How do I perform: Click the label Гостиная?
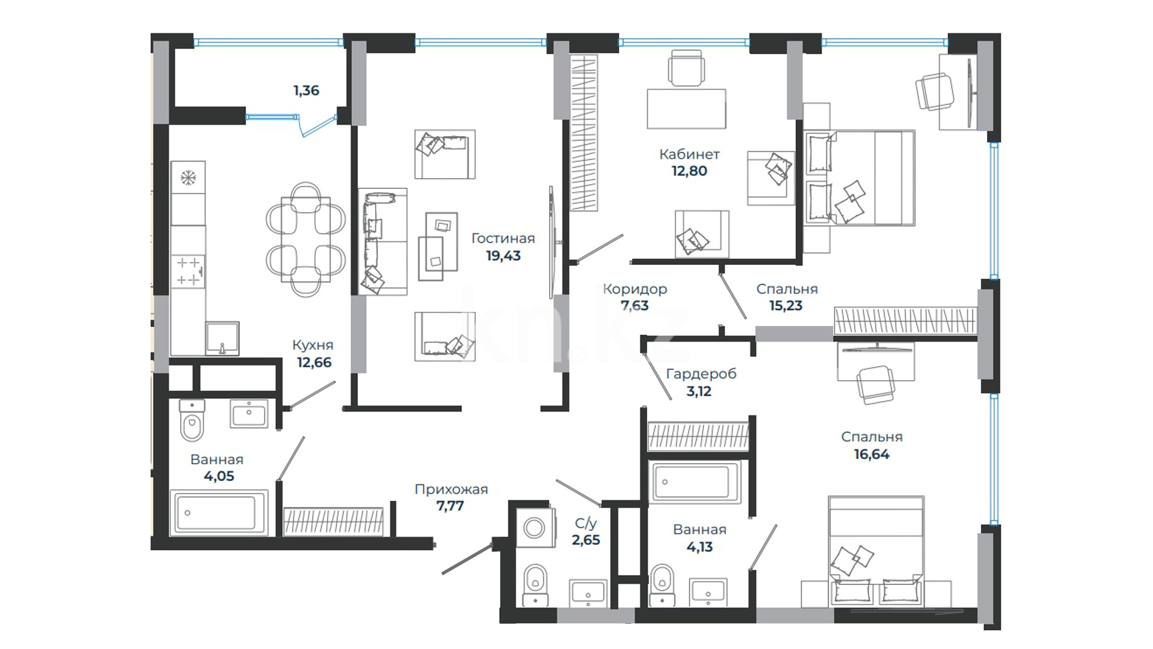[x=503, y=238]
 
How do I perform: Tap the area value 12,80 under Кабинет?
[x=689, y=171]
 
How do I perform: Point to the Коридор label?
[x=634, y=289]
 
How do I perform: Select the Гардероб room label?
[x=701, y=374]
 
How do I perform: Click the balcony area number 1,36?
[x=307, y=90]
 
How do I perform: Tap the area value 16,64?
[x=872, y=454]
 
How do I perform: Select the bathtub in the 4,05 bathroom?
[x=219, y=513]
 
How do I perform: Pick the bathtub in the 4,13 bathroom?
[x=694, y=482]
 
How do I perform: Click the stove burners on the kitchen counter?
[x=188, y=271]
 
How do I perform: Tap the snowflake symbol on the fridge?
[x=189, y=178]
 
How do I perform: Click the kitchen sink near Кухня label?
[x=222, y=339]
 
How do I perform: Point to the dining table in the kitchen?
[x=306, y=239]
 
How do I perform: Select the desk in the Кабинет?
[x=686, y=109]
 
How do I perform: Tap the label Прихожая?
[x=451, y=489]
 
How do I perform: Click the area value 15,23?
[x=786, y=305]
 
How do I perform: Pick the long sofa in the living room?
[x=383, y=241]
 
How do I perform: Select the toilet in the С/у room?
[x=535, y=585]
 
